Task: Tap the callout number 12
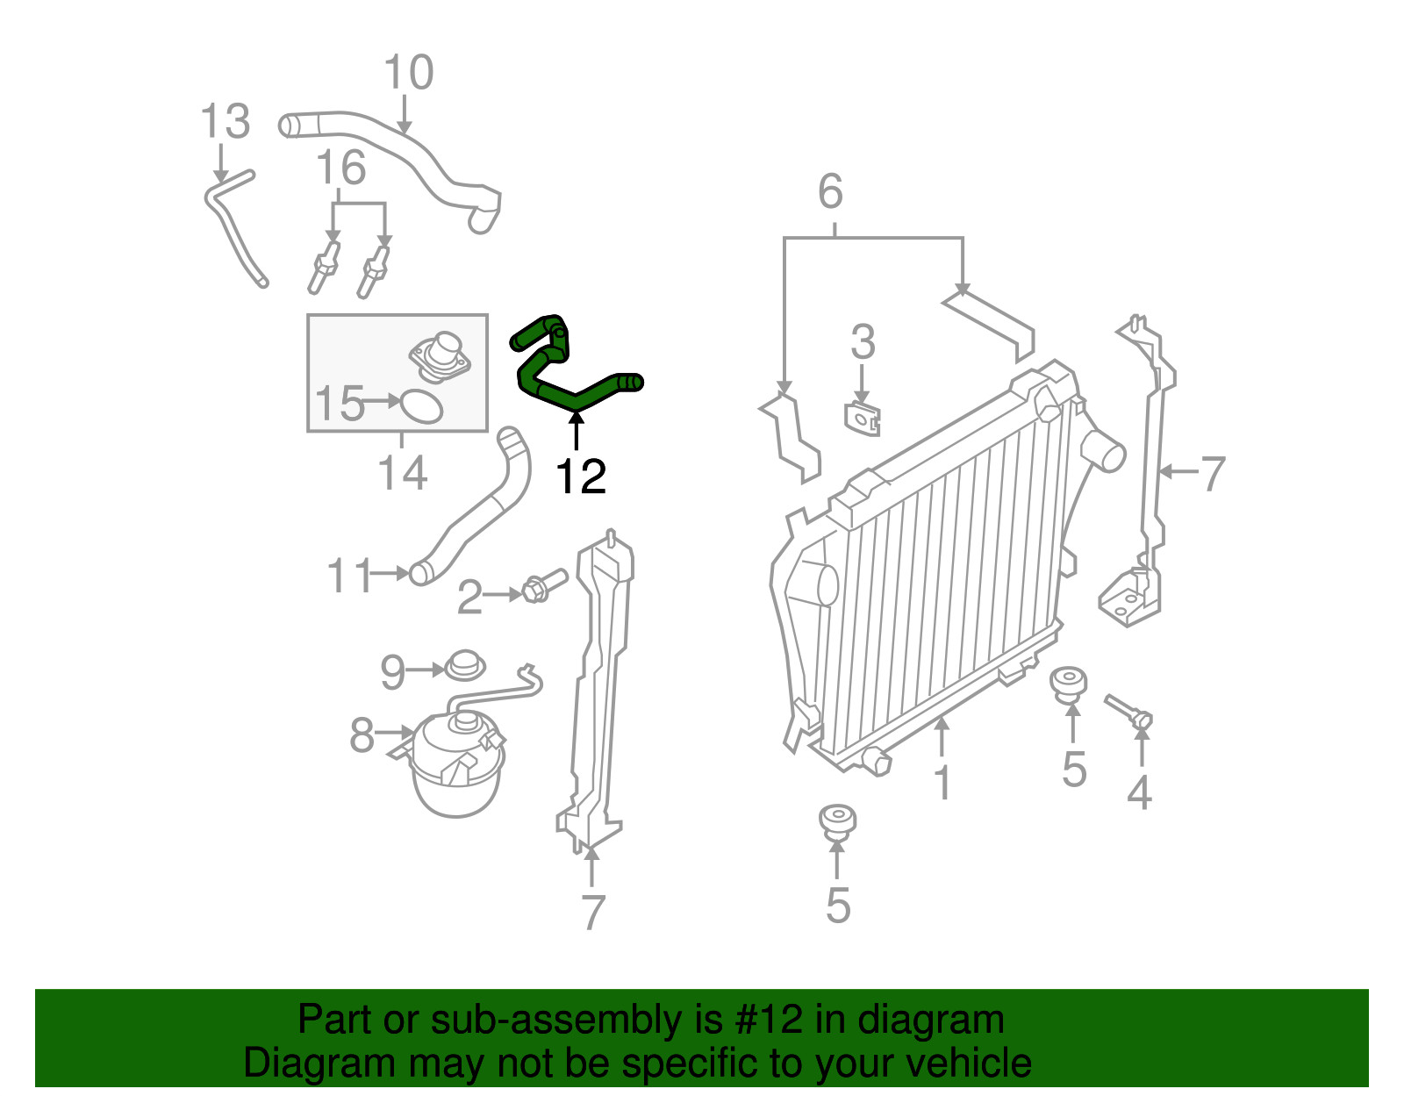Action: (581, 476)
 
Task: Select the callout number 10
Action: (408, 72)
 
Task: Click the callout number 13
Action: (225, 121)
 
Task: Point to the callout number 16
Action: (340, 168)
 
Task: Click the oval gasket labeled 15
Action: (421, 406)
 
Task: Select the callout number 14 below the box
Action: (402, 473)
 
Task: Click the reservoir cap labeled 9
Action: (464, 666)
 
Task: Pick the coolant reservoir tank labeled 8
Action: (457, 762)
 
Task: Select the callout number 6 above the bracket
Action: (830, 191)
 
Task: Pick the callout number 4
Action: (1139, 792)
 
